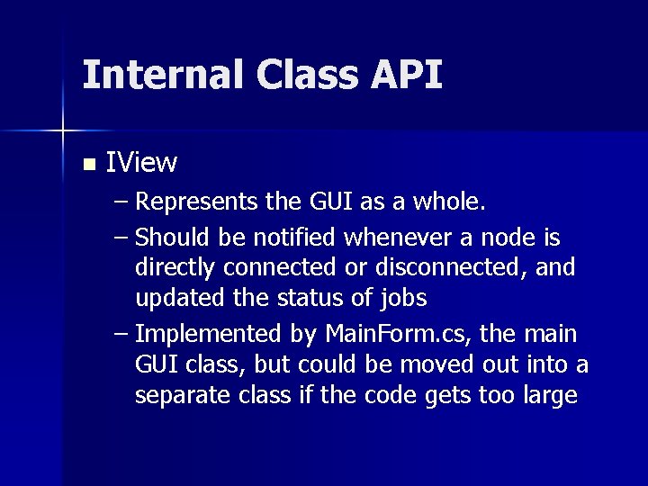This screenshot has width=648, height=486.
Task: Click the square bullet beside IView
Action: pyautogui.click(x=87, y=165)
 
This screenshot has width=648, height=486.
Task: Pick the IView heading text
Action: pyautogui.click(x=141, y=163)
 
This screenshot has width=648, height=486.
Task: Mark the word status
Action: pyautogui.click(x=328, y=298)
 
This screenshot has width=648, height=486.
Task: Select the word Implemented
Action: pyautogui.click(x=207, y=335)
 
